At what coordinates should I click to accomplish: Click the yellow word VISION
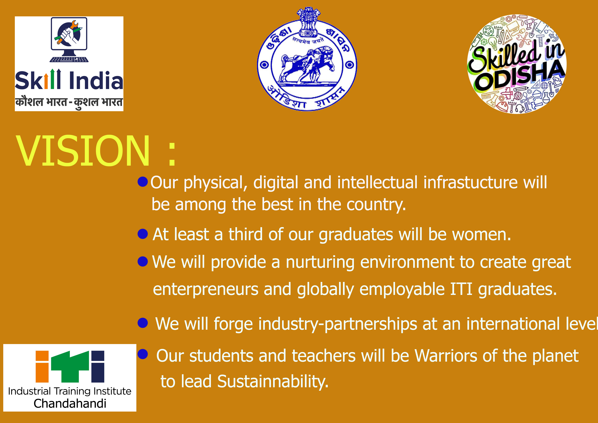[83, 150]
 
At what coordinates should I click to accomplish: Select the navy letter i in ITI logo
[98, 366]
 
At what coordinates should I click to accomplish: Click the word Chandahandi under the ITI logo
[70, 403]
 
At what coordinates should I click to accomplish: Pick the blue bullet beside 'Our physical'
[143, 182]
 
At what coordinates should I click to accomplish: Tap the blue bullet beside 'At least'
[143, 234]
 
